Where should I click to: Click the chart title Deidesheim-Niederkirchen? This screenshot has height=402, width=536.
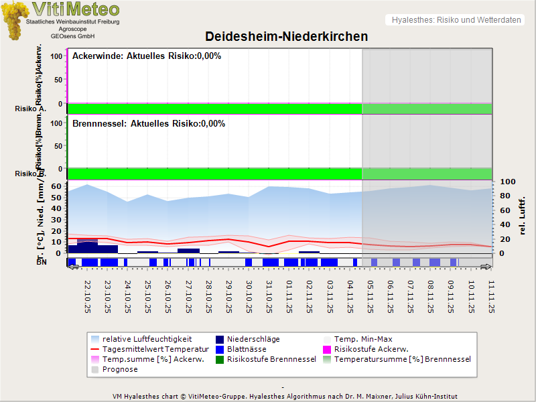pyautogui.click(x=286, y=36)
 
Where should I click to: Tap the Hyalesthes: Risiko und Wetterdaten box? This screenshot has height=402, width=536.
pyautogui.click(x=456, y=20)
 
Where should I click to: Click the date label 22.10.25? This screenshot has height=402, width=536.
pyautogui.click(x=88, y=295)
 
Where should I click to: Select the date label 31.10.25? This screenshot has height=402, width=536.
pyautogui.click(x=269, y=295)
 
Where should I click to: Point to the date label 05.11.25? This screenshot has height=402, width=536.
pyautogui.click(x=370, y=295)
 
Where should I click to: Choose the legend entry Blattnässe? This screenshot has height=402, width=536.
pyautogui.click(x=247, y=349)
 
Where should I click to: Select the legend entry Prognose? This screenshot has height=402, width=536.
pyautogui.click(x=120, y=369)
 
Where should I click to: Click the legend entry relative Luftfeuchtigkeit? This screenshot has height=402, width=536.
pyautogui.click(x=147, y=339)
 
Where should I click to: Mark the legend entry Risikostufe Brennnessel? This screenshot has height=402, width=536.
pyautogui.click(x=271, y=359)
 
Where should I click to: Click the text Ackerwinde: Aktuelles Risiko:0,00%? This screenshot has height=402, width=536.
pyautogui.click(x=147, y=56)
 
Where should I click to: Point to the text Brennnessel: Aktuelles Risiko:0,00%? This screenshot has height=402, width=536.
pyautogui.click(x=149, y=124)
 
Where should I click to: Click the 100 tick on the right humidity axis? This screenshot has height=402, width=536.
pyautogui.click(x=507, y=182)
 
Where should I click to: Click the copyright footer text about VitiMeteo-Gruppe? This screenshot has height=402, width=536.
pyautogui.click(x=285, y=396)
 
